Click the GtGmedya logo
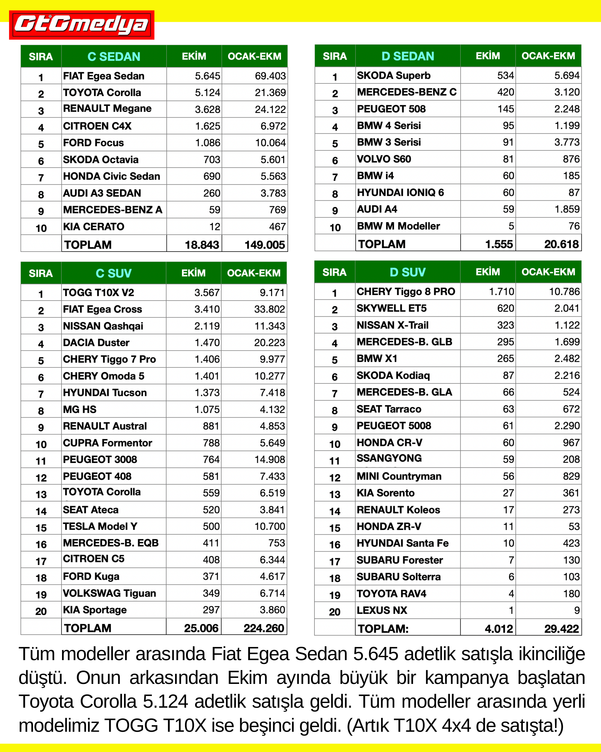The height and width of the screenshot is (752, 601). tap(81, 25)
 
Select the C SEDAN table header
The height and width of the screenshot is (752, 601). tap(114, 57)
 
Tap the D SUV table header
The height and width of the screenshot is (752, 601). tap(407, 272)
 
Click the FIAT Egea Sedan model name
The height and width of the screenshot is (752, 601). tap(104, 76)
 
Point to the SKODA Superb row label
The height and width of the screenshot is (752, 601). tap(393, 75)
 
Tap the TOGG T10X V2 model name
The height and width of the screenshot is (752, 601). tap(98, 293)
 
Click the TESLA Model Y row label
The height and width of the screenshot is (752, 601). tap(100, 526)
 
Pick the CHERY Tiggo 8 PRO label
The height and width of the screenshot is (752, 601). tap(406, 292)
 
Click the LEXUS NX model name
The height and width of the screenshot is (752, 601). tap(382, 610)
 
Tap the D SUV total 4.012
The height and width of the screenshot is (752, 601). tap(499, 629)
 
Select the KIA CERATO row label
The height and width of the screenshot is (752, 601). tap(93, 227)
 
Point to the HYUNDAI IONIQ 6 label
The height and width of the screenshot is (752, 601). tap(400, 193)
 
